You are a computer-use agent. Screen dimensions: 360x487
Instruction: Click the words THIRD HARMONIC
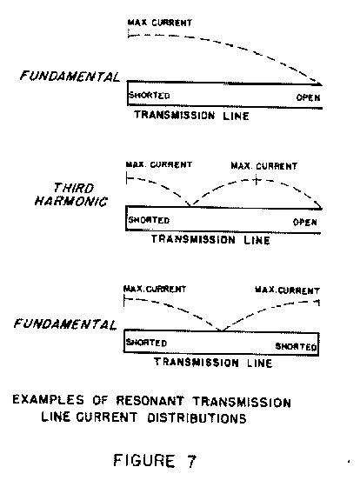point(71,195)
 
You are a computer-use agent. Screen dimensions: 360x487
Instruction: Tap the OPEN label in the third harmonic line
point(305,223)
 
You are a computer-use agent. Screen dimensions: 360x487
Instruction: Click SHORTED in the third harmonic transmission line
point(149,220)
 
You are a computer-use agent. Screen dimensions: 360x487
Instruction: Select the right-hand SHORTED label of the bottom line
point(296,346)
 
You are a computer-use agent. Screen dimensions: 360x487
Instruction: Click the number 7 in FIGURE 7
point(191,461)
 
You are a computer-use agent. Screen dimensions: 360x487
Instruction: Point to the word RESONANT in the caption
point(150,401)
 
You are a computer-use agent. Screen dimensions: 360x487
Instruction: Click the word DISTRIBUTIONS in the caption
point(197,418)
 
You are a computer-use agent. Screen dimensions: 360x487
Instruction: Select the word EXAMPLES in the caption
point(48,399)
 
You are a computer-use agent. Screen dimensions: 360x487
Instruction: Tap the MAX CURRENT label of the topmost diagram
point(160,23)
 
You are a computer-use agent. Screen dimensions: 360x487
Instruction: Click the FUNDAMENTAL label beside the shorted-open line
point(70,77)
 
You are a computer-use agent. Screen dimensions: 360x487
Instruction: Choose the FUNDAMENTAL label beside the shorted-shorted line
point(65,324)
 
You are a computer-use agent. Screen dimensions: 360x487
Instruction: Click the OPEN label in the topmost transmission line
point(308,97)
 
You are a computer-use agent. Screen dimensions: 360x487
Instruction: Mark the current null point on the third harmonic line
point(190,205)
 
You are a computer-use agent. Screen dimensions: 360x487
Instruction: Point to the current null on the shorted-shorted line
point(221,330)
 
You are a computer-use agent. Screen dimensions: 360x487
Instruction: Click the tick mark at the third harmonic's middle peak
point(256,180)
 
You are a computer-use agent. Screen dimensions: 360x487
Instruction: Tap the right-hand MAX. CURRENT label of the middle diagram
point(264,166)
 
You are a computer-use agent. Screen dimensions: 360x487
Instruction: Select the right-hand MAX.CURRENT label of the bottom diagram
point(287,290)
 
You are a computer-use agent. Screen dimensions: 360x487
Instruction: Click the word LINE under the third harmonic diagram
point(257,240)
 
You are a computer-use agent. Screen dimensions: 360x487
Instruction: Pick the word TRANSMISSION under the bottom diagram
point(197,363)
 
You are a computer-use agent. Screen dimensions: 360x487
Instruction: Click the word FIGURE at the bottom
point(144,461)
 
